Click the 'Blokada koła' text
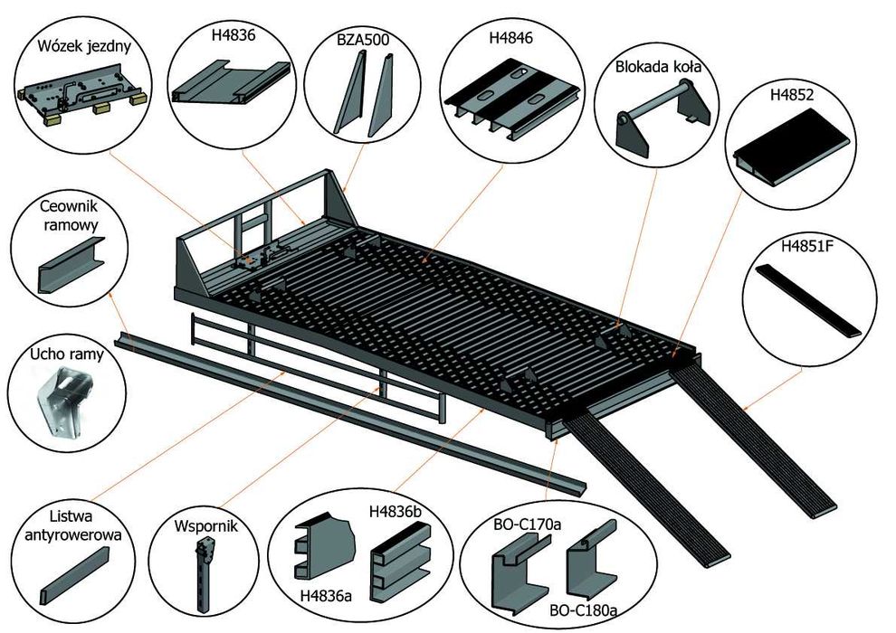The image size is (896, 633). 658,66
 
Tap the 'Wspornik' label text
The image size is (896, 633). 207,524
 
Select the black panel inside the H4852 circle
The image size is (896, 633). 793,145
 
